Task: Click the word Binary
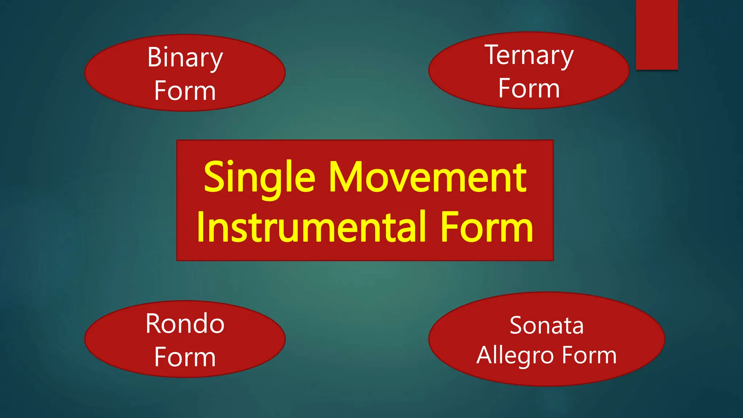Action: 185,58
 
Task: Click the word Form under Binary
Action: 185,91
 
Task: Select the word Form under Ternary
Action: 529,88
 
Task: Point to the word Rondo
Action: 185,324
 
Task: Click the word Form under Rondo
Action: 185,357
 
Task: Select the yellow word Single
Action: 259,178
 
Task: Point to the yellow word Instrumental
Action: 312,228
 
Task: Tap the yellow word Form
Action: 487,228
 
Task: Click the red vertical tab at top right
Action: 657,34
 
